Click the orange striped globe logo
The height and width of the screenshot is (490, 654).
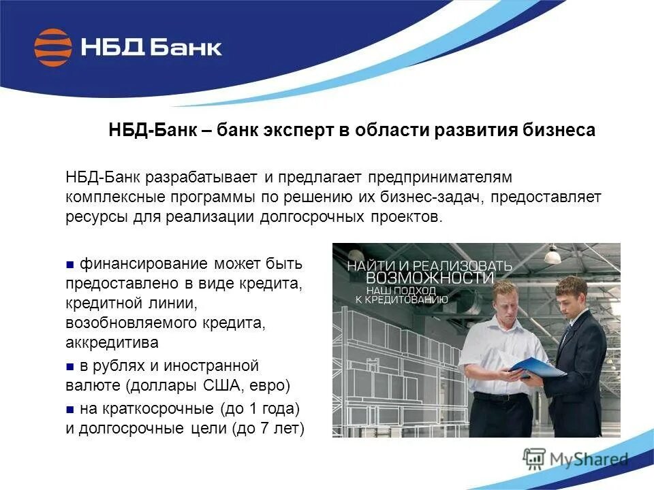click(x=53, y=48)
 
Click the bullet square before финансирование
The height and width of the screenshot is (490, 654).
click(x=70, y=263)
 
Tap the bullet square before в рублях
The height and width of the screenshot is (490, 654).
click(x=70, y=367)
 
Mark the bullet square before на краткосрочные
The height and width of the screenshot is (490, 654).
click(x=70, y=410)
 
